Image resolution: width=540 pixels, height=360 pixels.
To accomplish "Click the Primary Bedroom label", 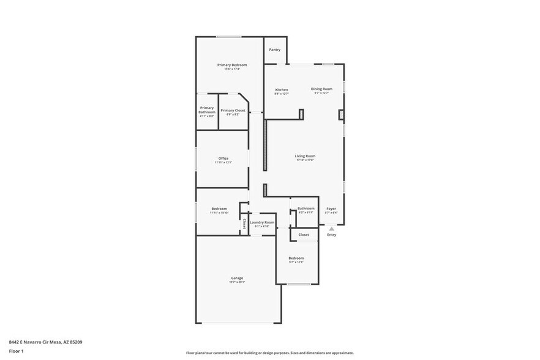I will click(232, 65).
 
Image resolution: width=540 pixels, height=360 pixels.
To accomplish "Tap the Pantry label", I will click(275, 50).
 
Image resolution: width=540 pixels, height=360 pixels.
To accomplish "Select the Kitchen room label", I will click(281, 90).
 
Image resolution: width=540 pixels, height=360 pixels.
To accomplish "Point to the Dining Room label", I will click(321, 89).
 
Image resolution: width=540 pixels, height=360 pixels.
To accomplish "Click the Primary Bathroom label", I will click(207, 110).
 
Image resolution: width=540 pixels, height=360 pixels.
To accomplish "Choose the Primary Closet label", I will click(233, 110).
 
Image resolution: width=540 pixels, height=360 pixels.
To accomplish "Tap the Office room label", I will click(223, 159).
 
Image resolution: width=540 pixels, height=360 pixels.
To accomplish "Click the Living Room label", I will click(305, 156).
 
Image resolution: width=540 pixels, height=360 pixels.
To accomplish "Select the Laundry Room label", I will click(261, 222).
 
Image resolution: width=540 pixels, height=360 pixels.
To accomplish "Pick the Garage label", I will click(237, 278).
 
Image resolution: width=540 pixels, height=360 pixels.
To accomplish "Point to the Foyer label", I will click(331, 209).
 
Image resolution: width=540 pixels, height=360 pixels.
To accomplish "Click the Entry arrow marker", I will click(331, 228).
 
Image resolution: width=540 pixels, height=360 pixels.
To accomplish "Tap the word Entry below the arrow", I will click(331, 235).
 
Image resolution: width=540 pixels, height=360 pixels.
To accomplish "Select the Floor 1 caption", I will click(16, 351).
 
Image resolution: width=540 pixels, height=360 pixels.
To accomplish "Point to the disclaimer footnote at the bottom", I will click(269, 353).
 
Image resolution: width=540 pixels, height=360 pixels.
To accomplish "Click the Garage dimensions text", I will click(237, 282).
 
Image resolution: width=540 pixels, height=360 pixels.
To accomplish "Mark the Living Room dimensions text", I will click(305, 160).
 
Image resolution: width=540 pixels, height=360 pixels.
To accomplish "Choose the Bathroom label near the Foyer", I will click(306, 208).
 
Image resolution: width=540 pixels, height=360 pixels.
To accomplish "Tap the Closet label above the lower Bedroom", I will click(304, 234).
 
